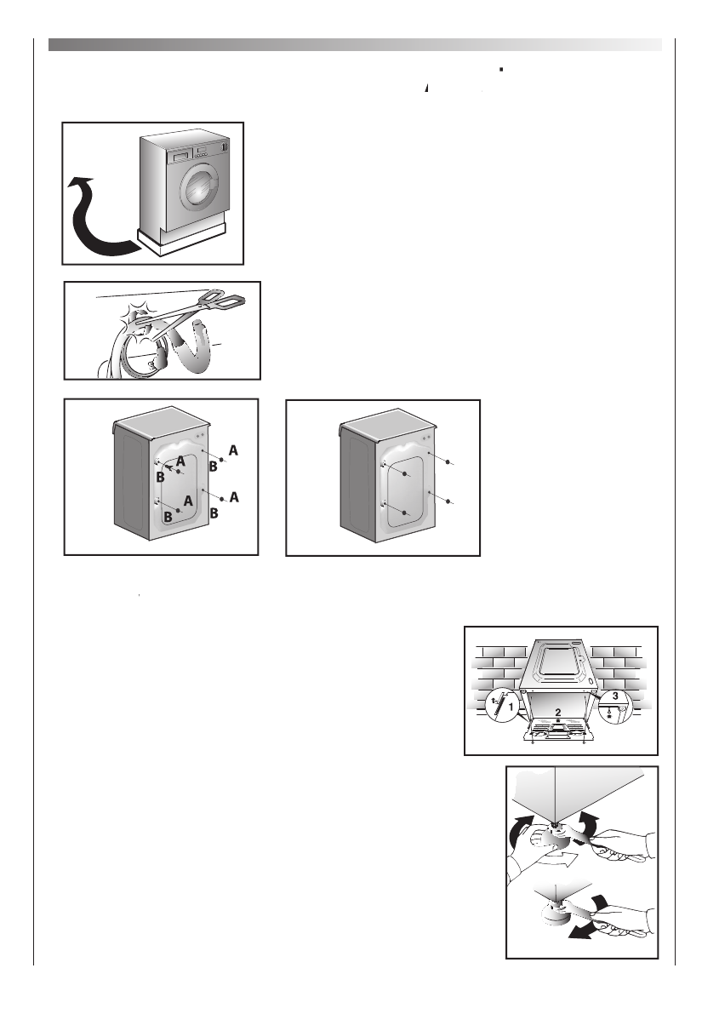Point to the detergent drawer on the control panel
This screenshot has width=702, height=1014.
(x=179, y=158)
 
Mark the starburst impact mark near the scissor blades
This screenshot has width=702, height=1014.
(x=136, y=320)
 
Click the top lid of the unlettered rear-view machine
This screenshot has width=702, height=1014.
(x=388, y=425)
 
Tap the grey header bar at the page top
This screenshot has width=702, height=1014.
(x=354, y=43)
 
